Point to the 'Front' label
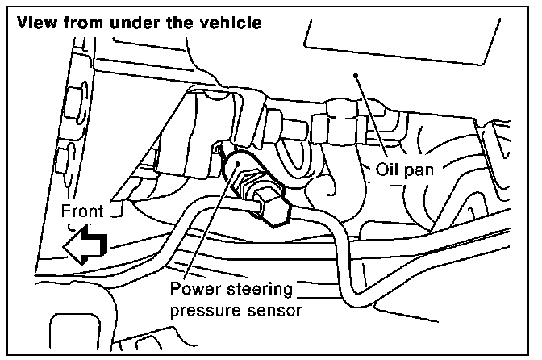pos(82,211)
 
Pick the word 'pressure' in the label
pos(203,310)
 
